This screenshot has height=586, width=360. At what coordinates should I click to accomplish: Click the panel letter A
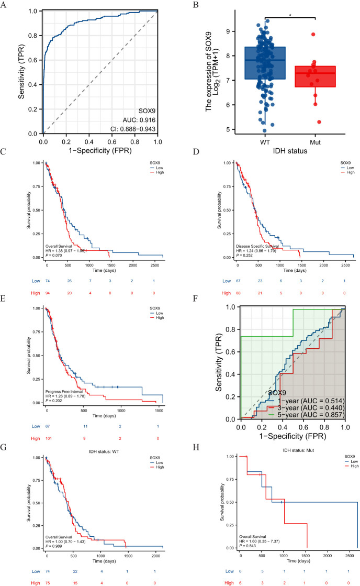[5, 6]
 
